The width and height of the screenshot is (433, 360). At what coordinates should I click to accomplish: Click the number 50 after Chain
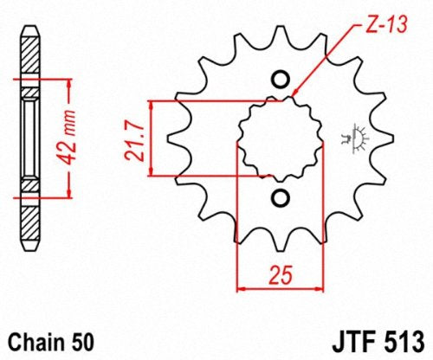pos(83,343)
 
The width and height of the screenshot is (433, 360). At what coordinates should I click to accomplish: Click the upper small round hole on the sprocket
pos(281,79)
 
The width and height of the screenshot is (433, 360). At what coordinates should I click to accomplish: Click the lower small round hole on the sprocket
pos(281,198)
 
